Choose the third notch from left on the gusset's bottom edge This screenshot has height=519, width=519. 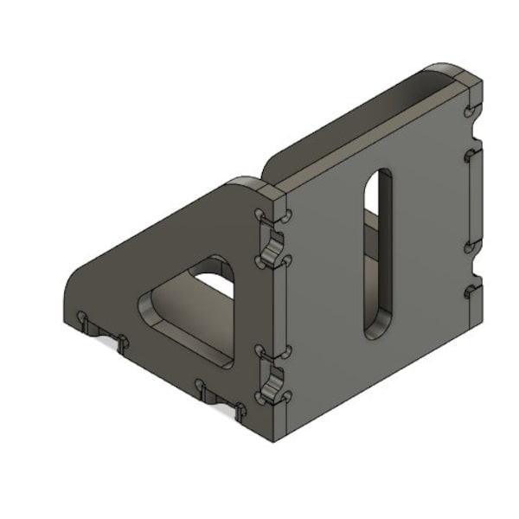[202, 387]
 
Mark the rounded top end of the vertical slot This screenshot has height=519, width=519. [378, 178]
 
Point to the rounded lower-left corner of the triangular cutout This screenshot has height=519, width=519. [145, 306]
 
